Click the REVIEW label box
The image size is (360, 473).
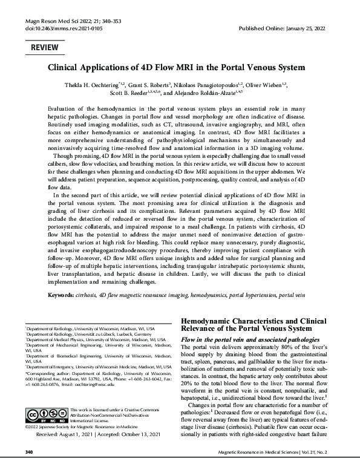click(45, 47)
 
